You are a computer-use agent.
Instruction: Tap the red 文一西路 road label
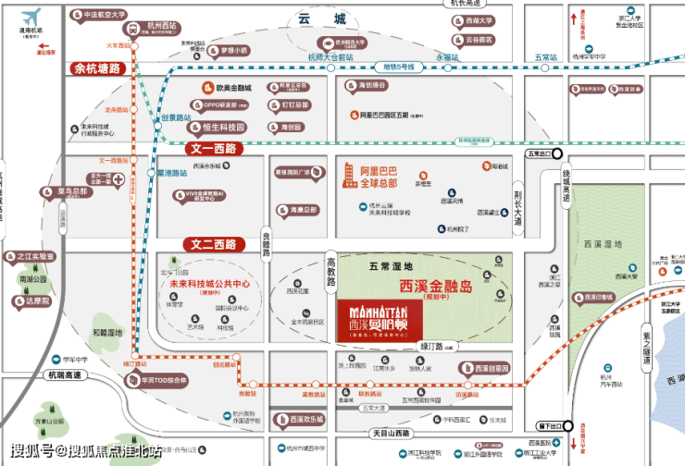tap(212, 148)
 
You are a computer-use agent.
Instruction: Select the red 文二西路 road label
tap(212, 245)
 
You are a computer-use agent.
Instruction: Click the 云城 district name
tap(329, 18)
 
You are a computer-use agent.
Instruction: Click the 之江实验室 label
tap(36, 256)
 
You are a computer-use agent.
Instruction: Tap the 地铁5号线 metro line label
tap(402, 67)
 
